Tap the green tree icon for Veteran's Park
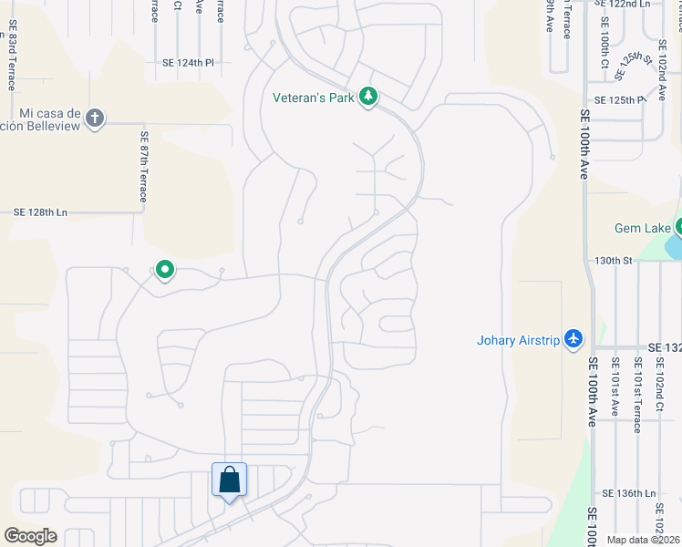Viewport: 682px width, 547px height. pyautogui.click(x=368, y=97)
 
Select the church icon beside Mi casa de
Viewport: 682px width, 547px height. pyautogui.click(x=95, y=118)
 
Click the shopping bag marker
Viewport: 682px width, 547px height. pyautogui.click(x=229, y=480)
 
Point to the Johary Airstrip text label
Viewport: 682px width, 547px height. pyautogui.click(x=516, y=341)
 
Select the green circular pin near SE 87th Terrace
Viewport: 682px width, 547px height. pyautogui.click(x=165, y=270)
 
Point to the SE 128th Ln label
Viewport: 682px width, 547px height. pyautogui.click(x=41, y=212)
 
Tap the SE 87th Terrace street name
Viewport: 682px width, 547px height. pyautogui.click(x=143, y=167)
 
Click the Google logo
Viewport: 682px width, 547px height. pyautogui.click(x=30, y=536)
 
